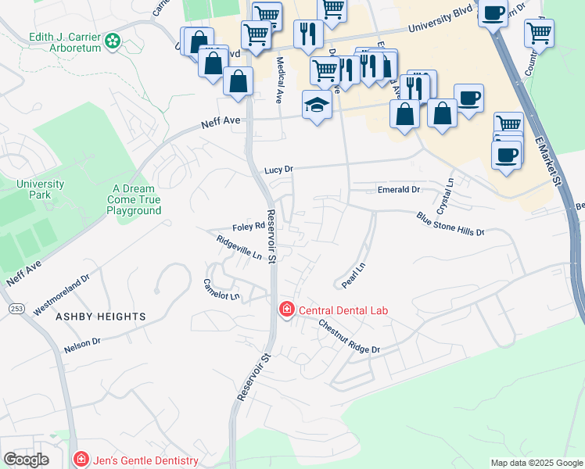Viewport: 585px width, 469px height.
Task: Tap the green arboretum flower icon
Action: [113, 40]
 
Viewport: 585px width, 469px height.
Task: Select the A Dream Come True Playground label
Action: [134, 199]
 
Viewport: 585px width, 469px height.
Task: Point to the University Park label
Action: [40, 189]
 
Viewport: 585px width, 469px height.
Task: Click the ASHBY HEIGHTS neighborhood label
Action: [100, 317]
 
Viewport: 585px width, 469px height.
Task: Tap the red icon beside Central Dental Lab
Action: [287, 310]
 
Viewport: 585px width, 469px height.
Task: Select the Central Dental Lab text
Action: [343, 310]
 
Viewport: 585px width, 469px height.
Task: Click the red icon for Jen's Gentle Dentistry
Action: [79, 460]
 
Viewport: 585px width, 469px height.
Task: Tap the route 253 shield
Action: [16, 310]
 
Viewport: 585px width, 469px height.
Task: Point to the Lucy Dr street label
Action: [278, 170]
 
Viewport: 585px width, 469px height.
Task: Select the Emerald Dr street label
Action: [399, 190]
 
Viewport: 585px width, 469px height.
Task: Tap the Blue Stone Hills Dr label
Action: [450, 224]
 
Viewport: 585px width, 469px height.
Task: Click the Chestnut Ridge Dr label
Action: [349, 338]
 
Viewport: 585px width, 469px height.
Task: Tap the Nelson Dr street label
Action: [83, 343]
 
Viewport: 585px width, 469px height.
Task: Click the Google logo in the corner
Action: [26, 460]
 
